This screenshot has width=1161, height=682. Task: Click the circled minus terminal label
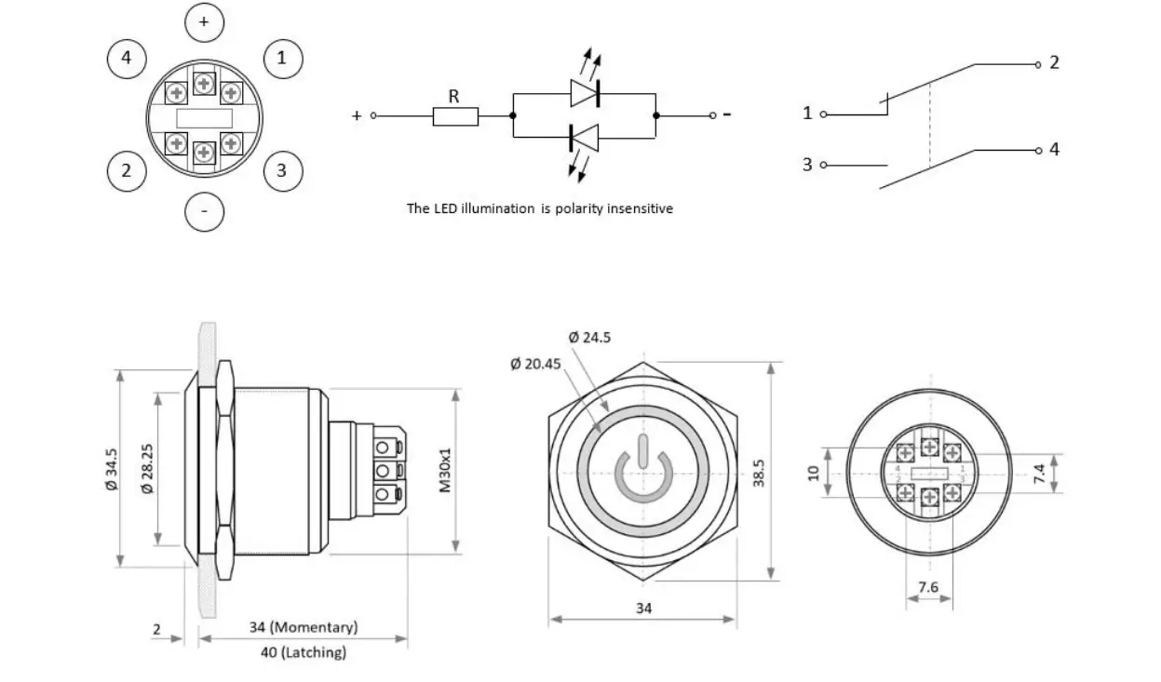click(205, 212)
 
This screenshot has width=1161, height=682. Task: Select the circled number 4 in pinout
click(127, 59)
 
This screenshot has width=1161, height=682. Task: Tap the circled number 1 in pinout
click(283, 59)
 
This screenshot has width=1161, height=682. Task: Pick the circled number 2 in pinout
click(127, 170)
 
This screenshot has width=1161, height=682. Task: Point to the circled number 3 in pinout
click(283, 170)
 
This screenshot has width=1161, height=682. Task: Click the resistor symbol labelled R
click(455, 116)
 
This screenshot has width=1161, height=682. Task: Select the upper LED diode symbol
click(585, 93)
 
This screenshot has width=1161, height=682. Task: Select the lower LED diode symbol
click(585, 138)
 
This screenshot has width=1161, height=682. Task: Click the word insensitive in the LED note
click(640, 208)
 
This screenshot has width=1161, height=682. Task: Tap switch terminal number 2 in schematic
click(1054, 62)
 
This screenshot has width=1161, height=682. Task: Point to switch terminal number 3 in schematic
click(807, 165)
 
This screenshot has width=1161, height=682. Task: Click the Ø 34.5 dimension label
click(112, 468)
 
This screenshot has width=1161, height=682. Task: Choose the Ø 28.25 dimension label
click(146, 468)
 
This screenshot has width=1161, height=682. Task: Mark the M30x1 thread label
click(445, 469)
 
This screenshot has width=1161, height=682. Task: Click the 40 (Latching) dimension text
click(303, 652)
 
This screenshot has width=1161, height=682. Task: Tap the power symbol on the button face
click(642, 475)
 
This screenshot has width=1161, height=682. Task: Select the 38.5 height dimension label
click(759, 471)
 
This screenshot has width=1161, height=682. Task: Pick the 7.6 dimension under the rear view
click(928, 587)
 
